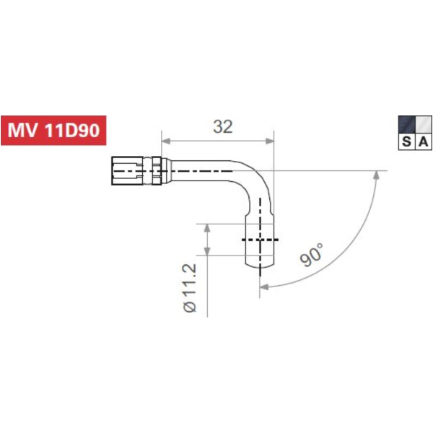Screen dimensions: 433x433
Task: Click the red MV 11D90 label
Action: [x=54, y=131]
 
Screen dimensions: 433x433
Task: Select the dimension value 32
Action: [x=223, y=127]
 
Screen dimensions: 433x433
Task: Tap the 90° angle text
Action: [x=311, y=255]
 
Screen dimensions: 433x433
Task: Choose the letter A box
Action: [x=423, y=142]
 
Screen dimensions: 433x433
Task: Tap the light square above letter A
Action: [x=423, y=124]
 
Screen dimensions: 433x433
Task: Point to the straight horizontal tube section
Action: [x=202, y=171]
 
